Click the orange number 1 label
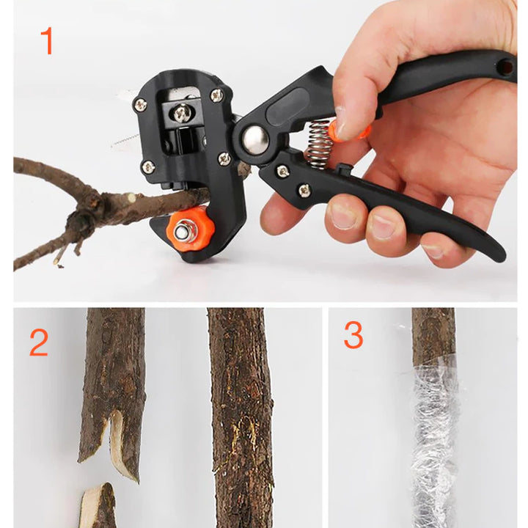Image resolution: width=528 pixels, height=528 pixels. [x=46, y=41]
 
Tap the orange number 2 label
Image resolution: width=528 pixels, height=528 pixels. [x=39, y=343]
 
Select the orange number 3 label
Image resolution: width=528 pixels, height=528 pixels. [x=353, y=335]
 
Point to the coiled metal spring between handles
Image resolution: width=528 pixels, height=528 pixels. [x=318, y=143]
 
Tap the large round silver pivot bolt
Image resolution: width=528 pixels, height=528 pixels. [x=255, y=139]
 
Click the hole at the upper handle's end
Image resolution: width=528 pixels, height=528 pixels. [x=505, y=67]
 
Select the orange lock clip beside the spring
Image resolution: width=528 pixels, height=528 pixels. [x=345, y=131]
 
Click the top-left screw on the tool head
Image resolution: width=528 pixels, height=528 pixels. [x=139, y=104]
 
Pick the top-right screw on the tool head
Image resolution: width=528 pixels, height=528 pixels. [x=216, y=95]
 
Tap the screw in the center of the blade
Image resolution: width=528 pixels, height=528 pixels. [x=180, y=112]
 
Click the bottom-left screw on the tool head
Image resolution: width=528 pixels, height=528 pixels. [x=148, y=167]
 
